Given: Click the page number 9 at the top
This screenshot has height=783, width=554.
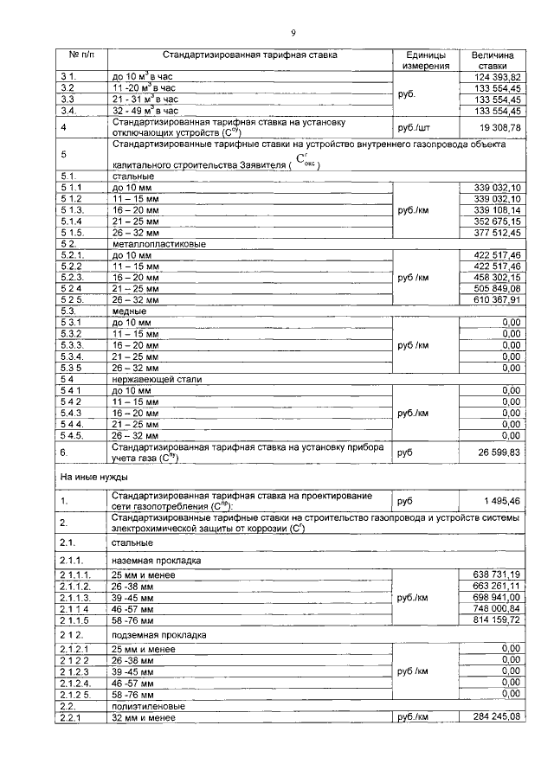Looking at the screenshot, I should [293, 34].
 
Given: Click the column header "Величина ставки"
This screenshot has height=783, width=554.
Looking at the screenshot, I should [493, 59].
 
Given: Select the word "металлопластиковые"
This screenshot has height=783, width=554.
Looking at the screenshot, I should [156, 244].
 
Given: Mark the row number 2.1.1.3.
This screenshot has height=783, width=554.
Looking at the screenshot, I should [76, 598].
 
